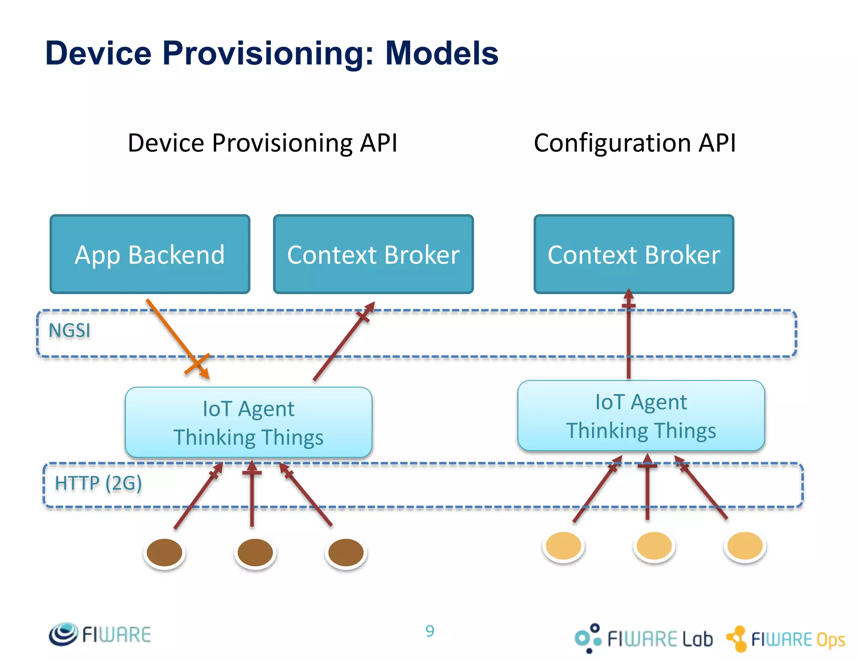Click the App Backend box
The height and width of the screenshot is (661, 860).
pos(150,254)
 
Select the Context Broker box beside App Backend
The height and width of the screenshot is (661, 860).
pos(373,254)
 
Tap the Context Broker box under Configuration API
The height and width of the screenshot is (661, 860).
pos(633,254)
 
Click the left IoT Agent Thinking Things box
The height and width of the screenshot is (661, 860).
pos(248,422)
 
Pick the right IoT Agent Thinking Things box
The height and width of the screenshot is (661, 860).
pos(641,416)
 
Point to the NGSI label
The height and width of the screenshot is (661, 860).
pos(69,331)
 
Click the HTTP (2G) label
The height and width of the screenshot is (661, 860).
pos(98,483)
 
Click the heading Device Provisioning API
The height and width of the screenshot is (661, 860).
pos(262,143)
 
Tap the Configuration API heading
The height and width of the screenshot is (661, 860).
pos(635,143)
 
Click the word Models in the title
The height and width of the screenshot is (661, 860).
pos(442,53)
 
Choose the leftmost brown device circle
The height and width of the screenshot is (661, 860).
pos(164,552)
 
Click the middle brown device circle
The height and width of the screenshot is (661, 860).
pos(255,552)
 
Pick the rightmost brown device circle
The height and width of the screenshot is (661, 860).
pos(346,552)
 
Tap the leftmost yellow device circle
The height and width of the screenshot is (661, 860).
pos(563,545)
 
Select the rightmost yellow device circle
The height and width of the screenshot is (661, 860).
pos(745,545)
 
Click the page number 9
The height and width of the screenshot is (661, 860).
pos(430,631)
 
